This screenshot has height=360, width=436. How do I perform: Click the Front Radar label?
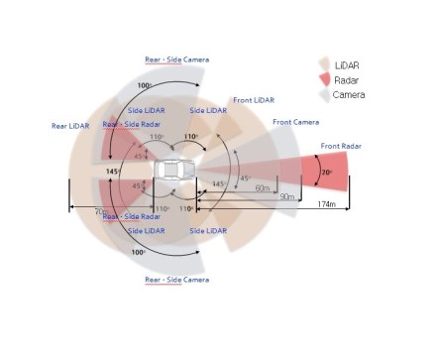(x=340, y=147)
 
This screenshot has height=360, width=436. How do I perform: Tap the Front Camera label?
(x=294, y=122)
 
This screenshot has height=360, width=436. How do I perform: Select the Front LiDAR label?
(x=254, y=100)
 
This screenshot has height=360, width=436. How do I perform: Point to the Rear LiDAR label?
(x=70, y=126)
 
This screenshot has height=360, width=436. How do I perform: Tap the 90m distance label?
(x=287, y=197)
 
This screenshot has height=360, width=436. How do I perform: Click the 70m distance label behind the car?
(x=100, y=211)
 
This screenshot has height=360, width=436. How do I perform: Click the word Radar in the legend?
(x=348, y=79)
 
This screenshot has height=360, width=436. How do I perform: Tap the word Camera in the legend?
(x=350, y=94)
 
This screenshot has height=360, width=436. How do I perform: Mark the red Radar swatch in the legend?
(x=326, y=79)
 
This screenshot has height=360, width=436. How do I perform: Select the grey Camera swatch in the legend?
(x=325, y=95)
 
